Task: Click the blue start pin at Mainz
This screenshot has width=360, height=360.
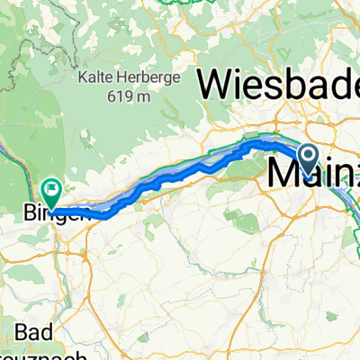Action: click(308, 159)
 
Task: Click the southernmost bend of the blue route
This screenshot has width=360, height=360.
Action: click(106, 214)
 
